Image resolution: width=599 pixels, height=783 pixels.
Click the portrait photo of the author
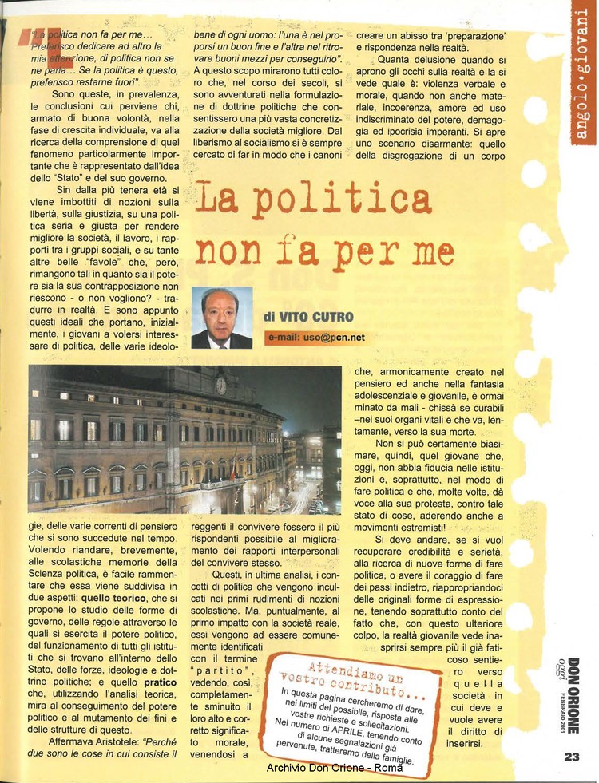[221, 318]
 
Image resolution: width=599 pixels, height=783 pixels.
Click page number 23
[570, 757]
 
